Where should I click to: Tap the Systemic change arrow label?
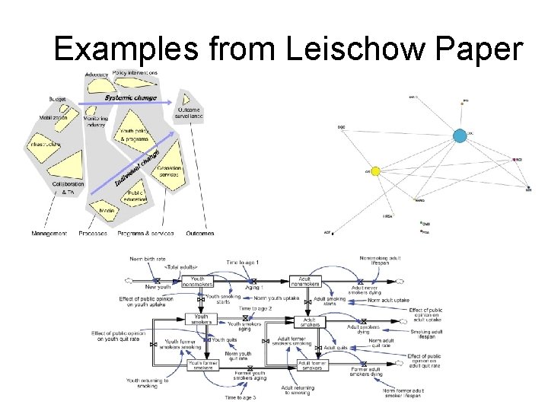(x=130, y=97)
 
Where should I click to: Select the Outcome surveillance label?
(x=188, y=113)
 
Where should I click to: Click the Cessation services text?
(x=168, y=171)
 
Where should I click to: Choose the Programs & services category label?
(x=145, y=234)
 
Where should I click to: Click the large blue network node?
(x=460, y=136)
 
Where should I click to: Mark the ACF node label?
(x=327, y=231)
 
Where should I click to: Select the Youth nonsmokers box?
(x=197, y=282)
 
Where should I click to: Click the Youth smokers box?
(x=201, y=320)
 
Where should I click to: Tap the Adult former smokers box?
(x=312, y=365)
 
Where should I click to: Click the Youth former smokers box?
(x=202, y=365)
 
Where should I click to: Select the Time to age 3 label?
(x=240, y=397)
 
